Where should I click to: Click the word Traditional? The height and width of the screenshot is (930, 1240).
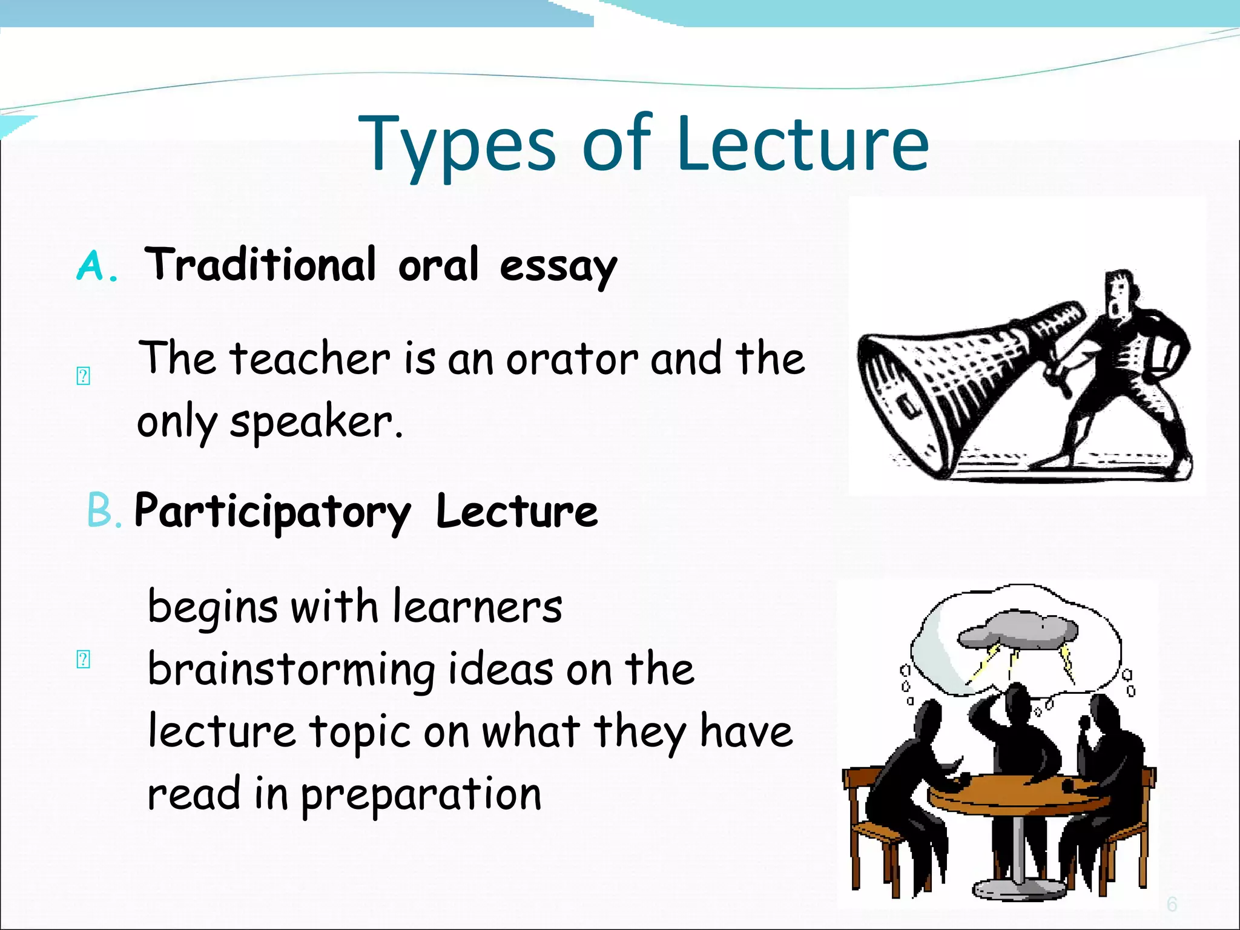(260, 265)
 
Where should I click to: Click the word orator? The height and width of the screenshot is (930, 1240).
(572, 358)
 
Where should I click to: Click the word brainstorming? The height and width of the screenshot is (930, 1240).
(291, 670)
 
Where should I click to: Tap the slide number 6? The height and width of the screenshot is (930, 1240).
(1172, 905)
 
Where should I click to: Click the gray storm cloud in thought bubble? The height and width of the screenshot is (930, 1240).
(1017, 631)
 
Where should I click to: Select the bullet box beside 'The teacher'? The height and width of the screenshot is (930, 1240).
(84, 376)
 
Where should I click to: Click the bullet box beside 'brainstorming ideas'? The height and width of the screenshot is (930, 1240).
(84, 659)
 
